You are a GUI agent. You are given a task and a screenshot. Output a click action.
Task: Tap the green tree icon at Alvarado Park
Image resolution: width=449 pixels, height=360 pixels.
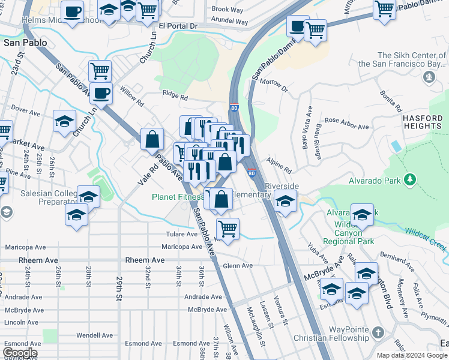(x=410, y=179)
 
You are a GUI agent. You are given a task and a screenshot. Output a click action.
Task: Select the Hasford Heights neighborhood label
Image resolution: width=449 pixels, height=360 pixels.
(x=423, y=122)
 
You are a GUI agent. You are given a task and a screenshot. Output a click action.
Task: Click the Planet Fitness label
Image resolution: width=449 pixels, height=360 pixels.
(x=178, y=197)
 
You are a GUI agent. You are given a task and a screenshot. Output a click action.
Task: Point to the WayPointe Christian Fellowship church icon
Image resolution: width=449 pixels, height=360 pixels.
(x=378, y=332)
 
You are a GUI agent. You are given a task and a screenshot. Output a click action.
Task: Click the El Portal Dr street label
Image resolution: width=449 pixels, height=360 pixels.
(x=178, y=26)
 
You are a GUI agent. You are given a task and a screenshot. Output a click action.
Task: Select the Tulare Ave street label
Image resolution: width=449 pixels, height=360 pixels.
(x=182, y=234)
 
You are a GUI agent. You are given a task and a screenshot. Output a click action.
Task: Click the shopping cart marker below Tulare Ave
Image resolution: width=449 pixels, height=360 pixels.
(x=228, y=229)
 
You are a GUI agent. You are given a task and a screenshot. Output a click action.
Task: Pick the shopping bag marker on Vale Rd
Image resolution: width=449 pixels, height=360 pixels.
(x=153, y=139)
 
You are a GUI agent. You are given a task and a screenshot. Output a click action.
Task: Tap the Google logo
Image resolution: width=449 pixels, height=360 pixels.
(x=20, y=353)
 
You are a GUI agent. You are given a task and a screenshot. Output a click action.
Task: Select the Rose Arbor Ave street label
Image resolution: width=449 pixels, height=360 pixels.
(x=347, y=127)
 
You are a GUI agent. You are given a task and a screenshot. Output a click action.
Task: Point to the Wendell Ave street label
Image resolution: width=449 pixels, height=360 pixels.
(x=95, y=335)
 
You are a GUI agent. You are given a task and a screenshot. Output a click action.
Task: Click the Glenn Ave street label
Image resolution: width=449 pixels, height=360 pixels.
(x=237, y=265)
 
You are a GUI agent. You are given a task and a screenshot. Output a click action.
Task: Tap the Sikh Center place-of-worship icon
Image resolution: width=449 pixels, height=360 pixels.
(x=429, y=77)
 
